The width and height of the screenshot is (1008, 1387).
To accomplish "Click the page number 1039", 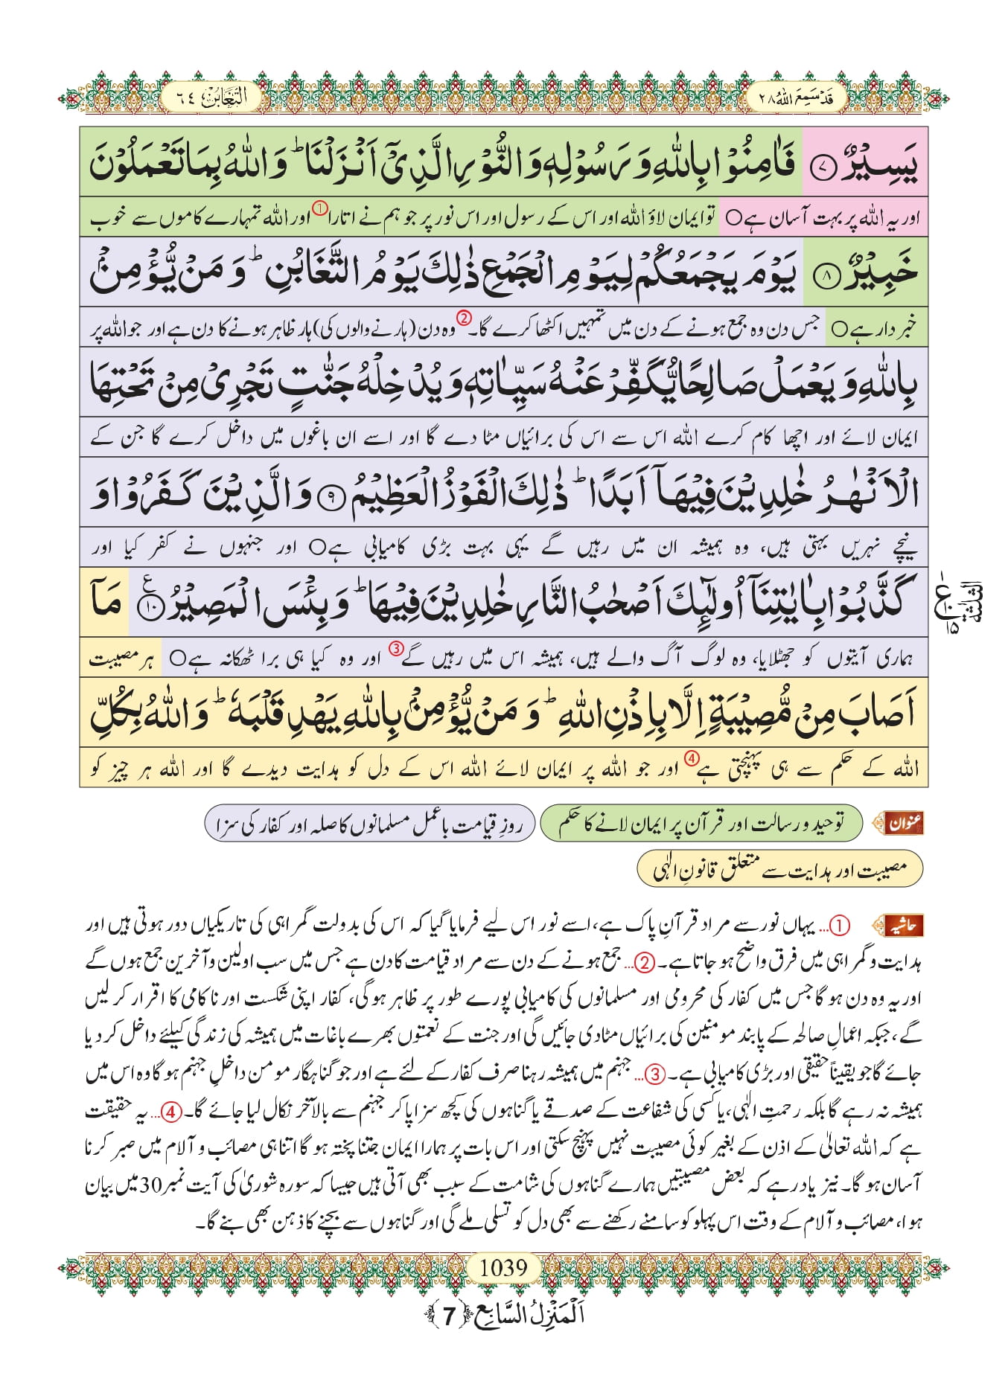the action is coord(503,1266).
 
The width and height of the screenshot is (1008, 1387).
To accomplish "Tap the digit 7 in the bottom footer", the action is coord(449,1316).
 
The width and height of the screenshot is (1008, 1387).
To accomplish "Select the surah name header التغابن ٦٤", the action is coord(211,97).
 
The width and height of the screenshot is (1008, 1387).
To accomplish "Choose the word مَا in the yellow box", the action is coord(106,602).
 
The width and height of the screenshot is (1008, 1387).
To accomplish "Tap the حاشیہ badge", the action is coord(901,926).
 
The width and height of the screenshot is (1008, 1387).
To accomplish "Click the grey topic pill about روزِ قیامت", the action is coord(370,824).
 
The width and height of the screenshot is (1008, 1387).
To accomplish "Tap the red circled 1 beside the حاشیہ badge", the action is coord(839,926).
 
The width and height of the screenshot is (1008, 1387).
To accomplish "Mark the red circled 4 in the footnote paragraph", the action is coord(692,1113).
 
